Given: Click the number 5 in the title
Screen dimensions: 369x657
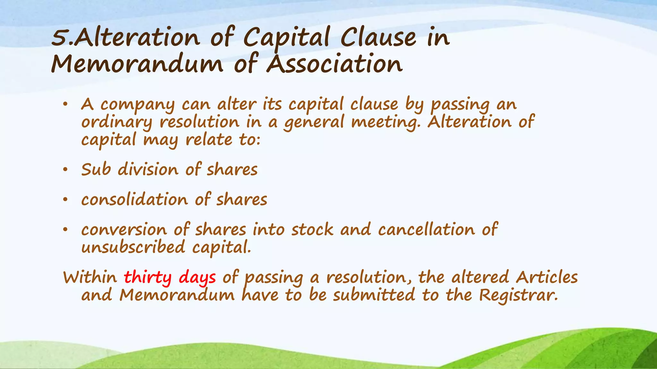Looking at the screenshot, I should pyautogui.click(x=60, y=38).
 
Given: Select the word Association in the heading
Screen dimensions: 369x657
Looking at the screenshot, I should pyautogui.click(x=335, y=64).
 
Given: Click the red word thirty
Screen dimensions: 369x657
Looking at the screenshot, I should pyautogui.click(x=148, y=278).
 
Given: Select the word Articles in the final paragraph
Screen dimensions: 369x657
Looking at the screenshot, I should pyautogui.click(x=547, y=277).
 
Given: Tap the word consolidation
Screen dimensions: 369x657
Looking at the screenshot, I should pyautogui.click(x=134, y=200).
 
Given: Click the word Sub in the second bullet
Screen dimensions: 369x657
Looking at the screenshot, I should pyautogui.click(x=96, y=169).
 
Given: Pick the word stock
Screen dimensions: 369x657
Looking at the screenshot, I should pyautogui.click(x=312, y=230).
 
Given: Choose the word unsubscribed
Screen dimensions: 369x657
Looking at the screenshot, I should pyautogui.click(x=133, y=247).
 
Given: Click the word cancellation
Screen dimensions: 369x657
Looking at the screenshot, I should pyautogui.click(x=426, y=230).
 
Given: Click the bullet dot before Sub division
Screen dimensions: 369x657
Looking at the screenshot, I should pyautogui.click(x=65, y=170).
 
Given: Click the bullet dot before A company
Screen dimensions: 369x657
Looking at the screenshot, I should pyautogui.click(x=65, y=104).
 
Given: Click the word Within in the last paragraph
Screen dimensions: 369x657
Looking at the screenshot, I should pyautogui.click(x=90, y=277).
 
